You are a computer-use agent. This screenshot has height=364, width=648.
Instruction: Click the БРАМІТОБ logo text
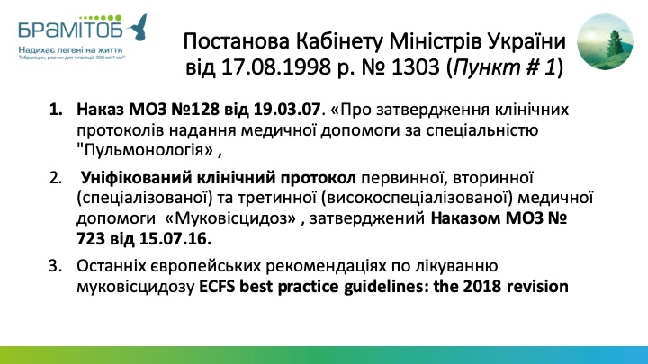click(x=70, y=31)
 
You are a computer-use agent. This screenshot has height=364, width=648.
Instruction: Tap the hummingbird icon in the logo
click(x=137, y=28)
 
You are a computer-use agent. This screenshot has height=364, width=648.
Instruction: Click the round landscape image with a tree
click(x=605, y=41)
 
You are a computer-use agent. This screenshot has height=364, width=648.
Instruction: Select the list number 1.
click(x=56, y=110)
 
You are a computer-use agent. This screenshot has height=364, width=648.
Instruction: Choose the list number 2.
click(x=56, y=177)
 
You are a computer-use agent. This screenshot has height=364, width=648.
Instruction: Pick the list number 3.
click(x=56, y=266)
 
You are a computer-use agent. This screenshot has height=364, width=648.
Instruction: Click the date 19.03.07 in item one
click(x=287, y=110)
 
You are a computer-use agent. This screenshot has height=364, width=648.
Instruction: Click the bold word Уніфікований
click(x=137, y=178)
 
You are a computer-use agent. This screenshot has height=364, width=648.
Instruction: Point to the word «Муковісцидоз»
click(x=230, y=218)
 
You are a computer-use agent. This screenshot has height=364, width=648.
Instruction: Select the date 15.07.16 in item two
click(x=175, y=239)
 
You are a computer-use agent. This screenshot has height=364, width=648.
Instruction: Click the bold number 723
click(x=91, y=239)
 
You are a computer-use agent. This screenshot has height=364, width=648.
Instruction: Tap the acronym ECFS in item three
click(x=218, y=286)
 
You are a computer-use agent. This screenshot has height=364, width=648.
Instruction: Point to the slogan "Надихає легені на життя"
click(x=70, y=50)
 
